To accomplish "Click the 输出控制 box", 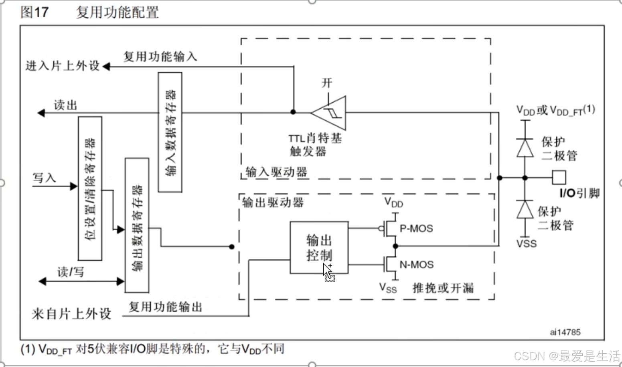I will (319, 247).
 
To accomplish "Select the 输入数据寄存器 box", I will (170, 132).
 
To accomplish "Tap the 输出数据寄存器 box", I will (137, 225).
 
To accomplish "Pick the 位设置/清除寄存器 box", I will (90, 188).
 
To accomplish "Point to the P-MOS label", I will (416, 229).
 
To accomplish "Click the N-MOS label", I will (417, 265).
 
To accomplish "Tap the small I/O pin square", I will (559, 177).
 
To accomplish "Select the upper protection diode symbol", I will (525, 148).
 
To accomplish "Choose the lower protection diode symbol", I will (525, 209).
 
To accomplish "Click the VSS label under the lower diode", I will (526, 243).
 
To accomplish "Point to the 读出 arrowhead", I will (41, 113).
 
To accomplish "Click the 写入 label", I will (44, 178).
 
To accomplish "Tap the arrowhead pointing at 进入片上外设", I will (106, 66).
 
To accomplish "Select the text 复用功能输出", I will (165, 307).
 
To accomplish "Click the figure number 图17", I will (34, 12).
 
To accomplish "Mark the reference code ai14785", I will (565, 332).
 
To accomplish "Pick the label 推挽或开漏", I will (443, 288).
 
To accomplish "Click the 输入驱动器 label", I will (276, 172).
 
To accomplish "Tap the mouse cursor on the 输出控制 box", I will (328, 272).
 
